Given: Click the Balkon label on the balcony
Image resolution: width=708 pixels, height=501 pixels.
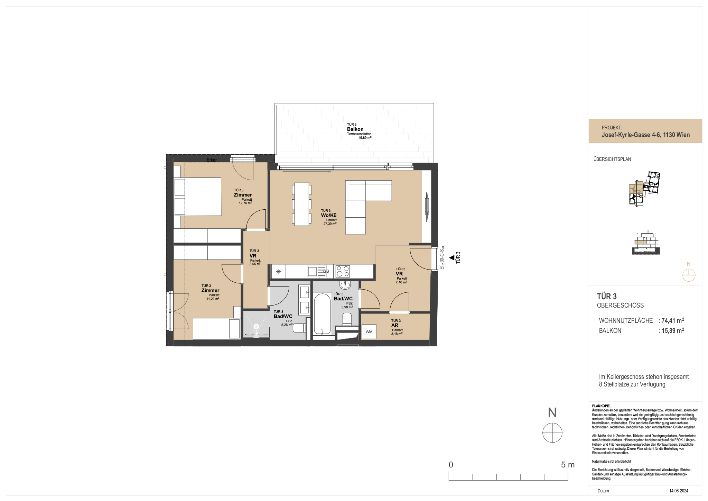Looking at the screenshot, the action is [x=355, y=129].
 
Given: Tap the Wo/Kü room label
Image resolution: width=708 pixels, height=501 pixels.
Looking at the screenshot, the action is [x=329, y=215].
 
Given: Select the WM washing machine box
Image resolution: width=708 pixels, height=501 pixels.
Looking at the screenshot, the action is [x=369, y=332].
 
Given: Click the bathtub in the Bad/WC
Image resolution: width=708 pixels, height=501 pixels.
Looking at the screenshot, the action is [x=322, y=314].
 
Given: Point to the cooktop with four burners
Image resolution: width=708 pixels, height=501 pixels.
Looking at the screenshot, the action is [x=343, y=271].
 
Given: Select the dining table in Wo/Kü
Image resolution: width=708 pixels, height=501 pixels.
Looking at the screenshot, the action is [x=301, y=204].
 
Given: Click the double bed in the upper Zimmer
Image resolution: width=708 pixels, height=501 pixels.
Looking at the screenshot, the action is [x=197, y=197].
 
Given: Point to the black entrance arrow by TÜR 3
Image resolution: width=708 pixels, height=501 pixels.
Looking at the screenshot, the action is [x=451, y=257].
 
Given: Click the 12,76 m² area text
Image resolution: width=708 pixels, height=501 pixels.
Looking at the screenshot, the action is [x=245, y=203].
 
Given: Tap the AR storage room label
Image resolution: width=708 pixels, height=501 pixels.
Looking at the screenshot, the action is [x=395, y=325].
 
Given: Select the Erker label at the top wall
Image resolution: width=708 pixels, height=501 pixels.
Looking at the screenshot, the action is [x=212, y=160].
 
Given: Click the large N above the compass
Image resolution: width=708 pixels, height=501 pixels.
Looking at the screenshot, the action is [x=552, y=412].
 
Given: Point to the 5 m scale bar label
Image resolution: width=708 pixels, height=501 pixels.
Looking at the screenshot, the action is [x=568, y=465].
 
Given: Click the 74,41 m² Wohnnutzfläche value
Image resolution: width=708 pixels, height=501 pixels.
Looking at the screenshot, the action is [x=673, y=320].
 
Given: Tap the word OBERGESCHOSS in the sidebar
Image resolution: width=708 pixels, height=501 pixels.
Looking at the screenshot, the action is [x=621, y=306].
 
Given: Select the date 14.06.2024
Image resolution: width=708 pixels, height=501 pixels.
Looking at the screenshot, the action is [x=679, y=491].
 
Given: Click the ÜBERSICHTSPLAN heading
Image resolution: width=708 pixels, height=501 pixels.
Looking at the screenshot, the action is [x=612, y=159].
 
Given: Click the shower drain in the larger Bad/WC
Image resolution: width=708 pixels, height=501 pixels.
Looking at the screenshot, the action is [x=256, y=326].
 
